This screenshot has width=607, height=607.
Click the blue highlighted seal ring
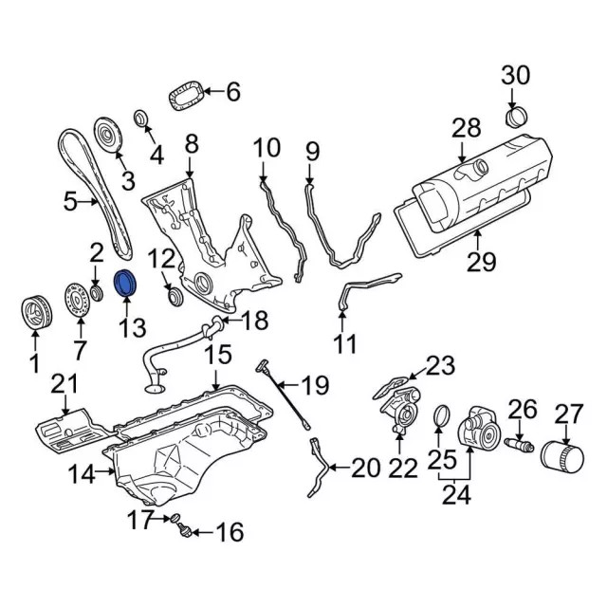pyautogui.click(x=125, y=284)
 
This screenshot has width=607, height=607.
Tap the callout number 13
pyautogui.click(x=132, y=327)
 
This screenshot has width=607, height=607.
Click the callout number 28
pyautogui.click(x=466, y=128)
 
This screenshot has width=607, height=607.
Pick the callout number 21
pyautogui.click(x=64, y=384)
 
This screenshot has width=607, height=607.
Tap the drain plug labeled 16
pyautogui.click(x=183, y=527)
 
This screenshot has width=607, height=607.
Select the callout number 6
pyautogui.click(x=232, y=92)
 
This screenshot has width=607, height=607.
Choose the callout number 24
pyautogui.click(x=457, y=495)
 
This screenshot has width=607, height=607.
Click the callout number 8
pyautogui.click(x=191, y=144)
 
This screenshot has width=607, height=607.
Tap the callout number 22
pyautogui.click(x=403, y=467)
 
